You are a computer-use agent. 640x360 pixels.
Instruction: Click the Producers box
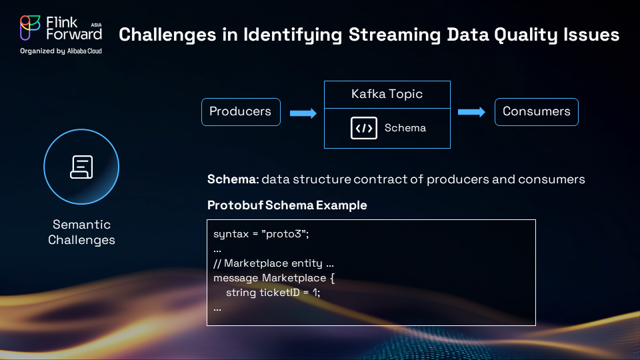pyautogui.click(x=241, y=112)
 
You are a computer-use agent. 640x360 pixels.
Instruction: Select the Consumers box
pyautogui.click(x=536, y=112)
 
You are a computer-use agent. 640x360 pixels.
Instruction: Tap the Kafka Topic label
pyautogui.click(x=387, y=94)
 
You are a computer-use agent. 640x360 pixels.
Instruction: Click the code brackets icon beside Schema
pyautogui.click(x=364, y=128)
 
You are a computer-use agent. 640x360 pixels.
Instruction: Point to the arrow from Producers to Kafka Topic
pyautogui.click(x=303, y=113)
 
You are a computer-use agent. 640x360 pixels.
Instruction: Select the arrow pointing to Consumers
pyautogui.click(x=471, y=112)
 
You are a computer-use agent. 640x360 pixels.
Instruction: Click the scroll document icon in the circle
pyautogui.click(x=81, y=167)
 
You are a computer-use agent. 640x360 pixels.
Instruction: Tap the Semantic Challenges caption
pyautogui.click(x=81, y=232)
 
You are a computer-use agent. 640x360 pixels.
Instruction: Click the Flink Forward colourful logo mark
pyautogui.click(x=30, y=28)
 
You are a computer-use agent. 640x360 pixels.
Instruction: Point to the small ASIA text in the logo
pyautogui.click(x=96, y=25)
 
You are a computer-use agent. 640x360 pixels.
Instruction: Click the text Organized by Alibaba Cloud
pyautogui.click(x=61, y=51)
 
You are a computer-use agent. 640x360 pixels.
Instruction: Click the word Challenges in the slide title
pyautogui.click(x=167, y=35)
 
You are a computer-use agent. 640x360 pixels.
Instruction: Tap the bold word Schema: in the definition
pyautogui.click(x=233, y=179)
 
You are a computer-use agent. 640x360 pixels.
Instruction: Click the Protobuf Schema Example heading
pyautogui.click(x=287, y=205)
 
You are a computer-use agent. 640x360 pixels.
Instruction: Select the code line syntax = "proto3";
pyautogui.click(x=261, y=234)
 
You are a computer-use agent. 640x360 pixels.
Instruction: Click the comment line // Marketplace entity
pyautogui.click(x=273, y=263)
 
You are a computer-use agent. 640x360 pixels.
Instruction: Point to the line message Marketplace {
pyautogui.click(x=274, y=278)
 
